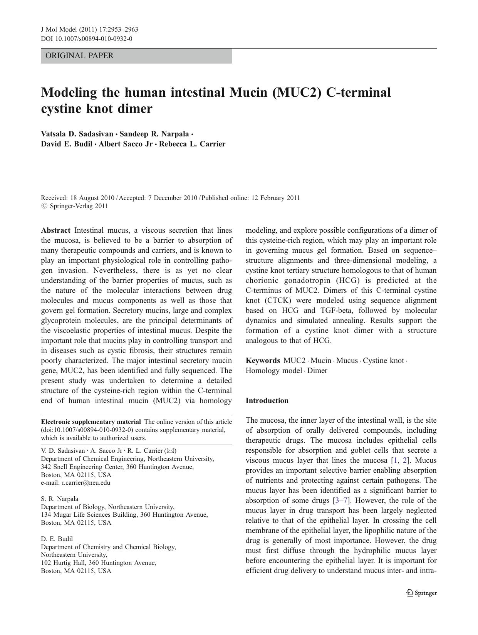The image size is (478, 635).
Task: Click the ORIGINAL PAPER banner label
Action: (x=79, y=55)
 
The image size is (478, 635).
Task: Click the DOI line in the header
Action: (x=87, y=39)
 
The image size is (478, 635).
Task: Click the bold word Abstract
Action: (x=55, y=230)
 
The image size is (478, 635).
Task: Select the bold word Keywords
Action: (x=263, y=361)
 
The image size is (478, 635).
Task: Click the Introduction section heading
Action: (x=267, y=401)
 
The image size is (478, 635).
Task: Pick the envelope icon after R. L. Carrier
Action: (x=171, y=450)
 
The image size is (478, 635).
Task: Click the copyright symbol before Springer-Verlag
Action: (x=44, y=206)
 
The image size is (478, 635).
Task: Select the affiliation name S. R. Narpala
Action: (x=59, y=499)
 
